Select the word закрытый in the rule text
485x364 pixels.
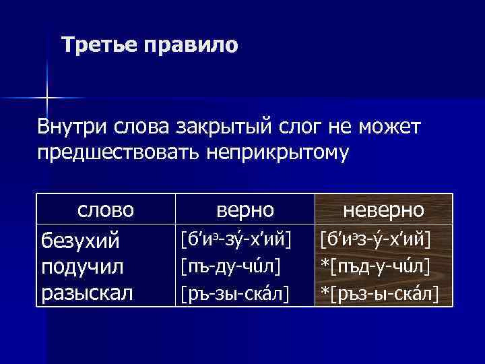tap(207, 126)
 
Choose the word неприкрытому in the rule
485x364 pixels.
tap(287, 153)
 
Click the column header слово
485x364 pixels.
tap(106, 210)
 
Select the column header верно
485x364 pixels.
tap(245, 210)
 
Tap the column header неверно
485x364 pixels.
tap(383, 210)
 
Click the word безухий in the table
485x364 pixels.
tap(80, 240)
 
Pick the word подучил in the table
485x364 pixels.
tap(82, 266)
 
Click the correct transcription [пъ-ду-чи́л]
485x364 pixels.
tap(230, 266)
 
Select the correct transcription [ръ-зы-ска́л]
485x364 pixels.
tap(233, 293)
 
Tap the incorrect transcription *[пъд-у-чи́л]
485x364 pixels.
tap(375, 266)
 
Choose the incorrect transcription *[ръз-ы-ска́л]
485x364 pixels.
tap(379, 293)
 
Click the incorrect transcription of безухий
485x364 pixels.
tap(375, 239)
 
